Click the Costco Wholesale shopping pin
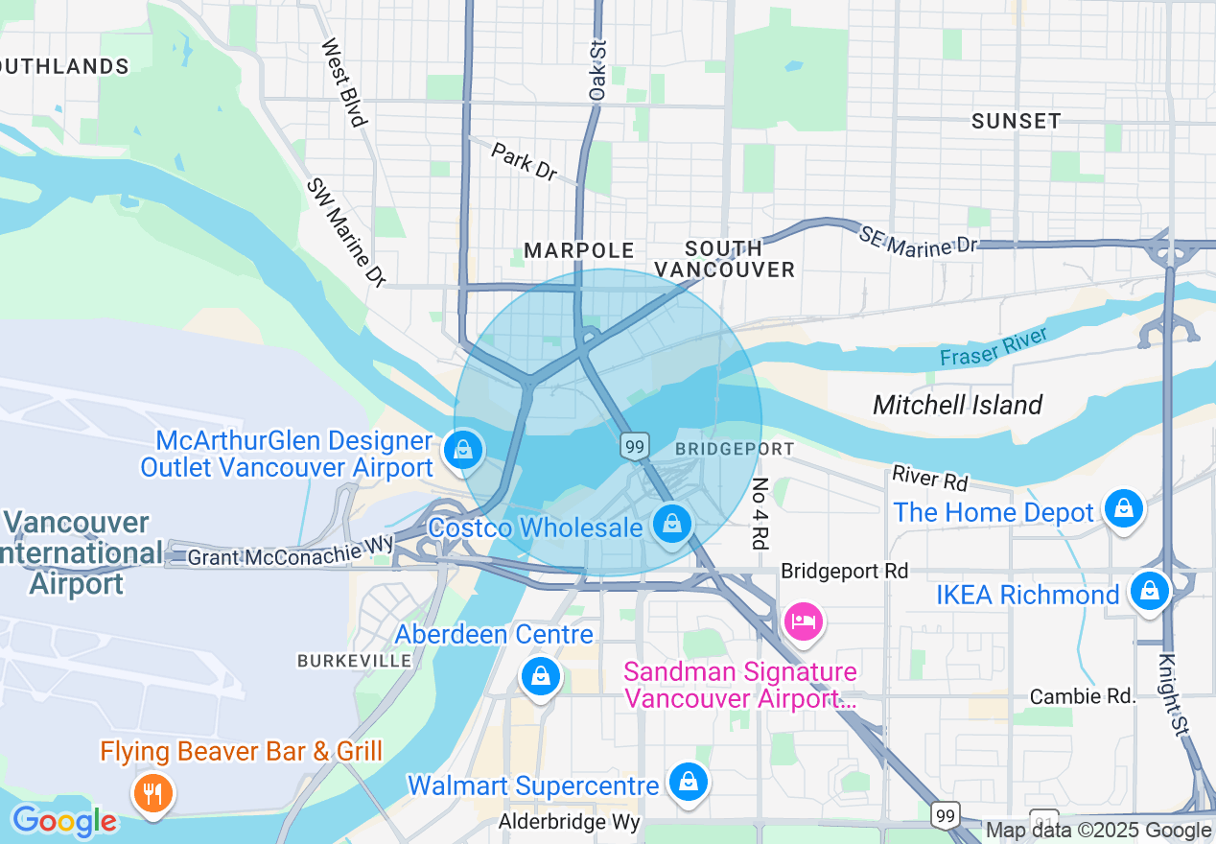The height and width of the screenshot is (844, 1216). (x=673, y=524)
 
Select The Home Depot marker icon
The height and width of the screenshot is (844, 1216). (x=1122, y=508)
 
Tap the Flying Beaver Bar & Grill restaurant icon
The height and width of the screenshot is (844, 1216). (x=152, y=792)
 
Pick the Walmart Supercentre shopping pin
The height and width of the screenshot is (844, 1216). (x=688, y=782)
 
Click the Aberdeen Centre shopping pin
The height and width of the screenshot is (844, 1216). (x=541, y=676)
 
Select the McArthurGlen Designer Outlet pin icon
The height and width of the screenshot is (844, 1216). (x=463, y=449)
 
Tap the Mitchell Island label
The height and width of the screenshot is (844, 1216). (x=957, y=405)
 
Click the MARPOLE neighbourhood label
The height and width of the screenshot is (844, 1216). (x=579, y=251)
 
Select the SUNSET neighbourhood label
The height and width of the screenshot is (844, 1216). (x=1016, y=121)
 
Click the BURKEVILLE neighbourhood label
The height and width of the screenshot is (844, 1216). (x=355, y=661)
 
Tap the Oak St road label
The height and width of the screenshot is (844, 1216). (x=597, y=71)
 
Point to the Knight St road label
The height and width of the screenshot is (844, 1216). (x=1172, y=695)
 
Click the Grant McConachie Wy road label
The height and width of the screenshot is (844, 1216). (x=291, y=551)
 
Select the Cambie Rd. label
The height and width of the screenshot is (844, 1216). (x=1083, y=696)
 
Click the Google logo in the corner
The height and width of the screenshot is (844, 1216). (x=64, y=821)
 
